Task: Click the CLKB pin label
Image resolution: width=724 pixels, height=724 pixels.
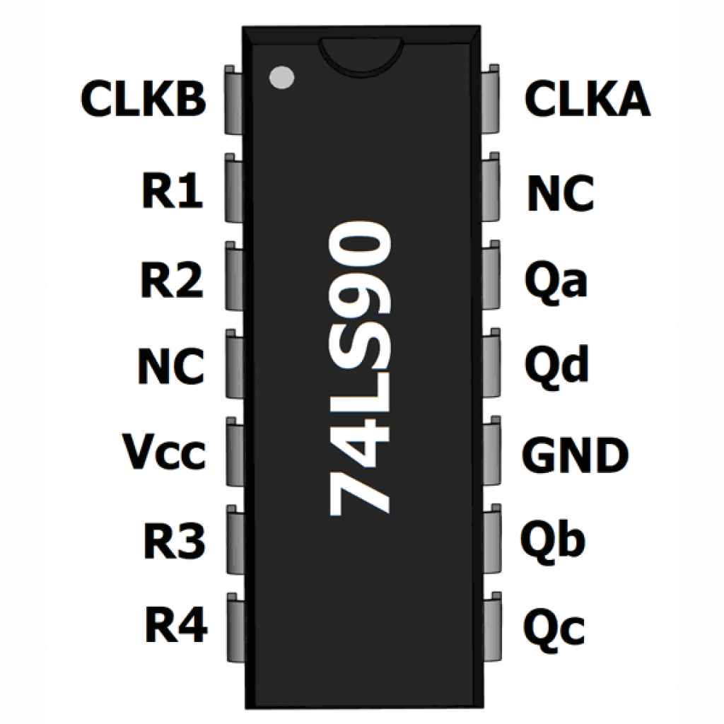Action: (x=143, y=100)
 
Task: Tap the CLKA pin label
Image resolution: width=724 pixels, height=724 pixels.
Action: (x=587, y=100)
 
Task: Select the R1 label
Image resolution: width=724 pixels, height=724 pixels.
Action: (x=173, y=192)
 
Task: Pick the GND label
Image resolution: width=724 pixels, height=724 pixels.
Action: (x=576, y=455)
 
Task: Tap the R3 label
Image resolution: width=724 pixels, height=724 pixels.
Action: (x=174, y=542)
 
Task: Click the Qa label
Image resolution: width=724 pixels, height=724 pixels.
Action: (x=556, y=281)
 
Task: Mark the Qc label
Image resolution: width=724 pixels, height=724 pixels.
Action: (x=556, y=629)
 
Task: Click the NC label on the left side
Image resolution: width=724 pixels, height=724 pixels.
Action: (x=170, y=367)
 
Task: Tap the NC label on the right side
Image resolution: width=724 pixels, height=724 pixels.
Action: (x=559, y=194)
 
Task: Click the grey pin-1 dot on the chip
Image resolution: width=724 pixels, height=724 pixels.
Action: (x=281, y=77)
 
